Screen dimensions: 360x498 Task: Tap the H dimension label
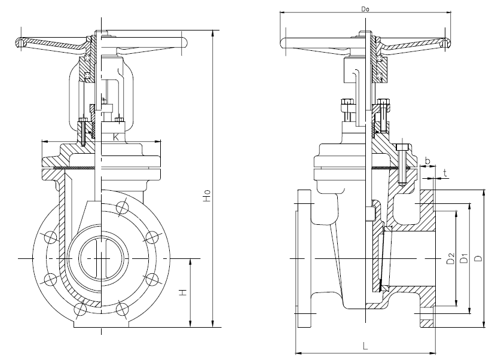click(184, 292)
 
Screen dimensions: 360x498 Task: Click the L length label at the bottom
click(364, 345)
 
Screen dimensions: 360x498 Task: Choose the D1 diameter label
click(463, 258)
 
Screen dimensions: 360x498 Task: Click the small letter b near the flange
click(426, 161)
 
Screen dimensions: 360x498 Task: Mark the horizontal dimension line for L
click(364, 352)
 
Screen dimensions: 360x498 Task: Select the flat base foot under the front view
click(101, 325)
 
